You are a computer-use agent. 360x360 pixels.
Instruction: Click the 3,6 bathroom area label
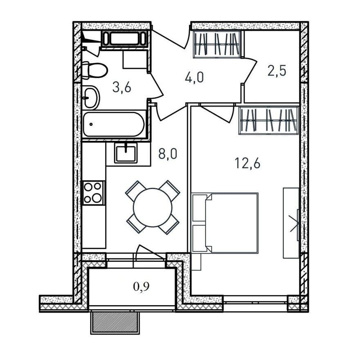click(122, 88)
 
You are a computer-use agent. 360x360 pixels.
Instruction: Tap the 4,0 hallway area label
click(194, 77)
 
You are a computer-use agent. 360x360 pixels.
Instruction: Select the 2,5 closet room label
click(277, 70)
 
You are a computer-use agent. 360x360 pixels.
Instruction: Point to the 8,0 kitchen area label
click(168, 154)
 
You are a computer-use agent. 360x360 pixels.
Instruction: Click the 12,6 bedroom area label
click(248, 164)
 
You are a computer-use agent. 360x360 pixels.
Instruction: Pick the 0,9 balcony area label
click(141, 286)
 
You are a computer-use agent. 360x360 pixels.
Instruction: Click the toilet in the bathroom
click(94, 70)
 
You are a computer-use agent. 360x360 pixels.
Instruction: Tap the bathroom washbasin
click(91, 97)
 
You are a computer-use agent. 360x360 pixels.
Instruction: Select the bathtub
click(114, 124)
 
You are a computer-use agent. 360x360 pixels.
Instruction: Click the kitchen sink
click(126, 153)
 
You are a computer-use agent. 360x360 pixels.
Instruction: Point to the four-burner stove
click(93, 193)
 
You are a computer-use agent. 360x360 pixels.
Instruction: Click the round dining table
click(153, 207)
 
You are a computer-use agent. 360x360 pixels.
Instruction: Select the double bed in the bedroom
click(225, 223)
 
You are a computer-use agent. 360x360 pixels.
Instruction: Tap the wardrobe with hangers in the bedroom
click(269, 120)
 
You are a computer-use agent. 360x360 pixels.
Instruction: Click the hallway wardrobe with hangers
click(217, 44)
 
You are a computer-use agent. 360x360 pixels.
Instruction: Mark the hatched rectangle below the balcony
click(115, 322)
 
